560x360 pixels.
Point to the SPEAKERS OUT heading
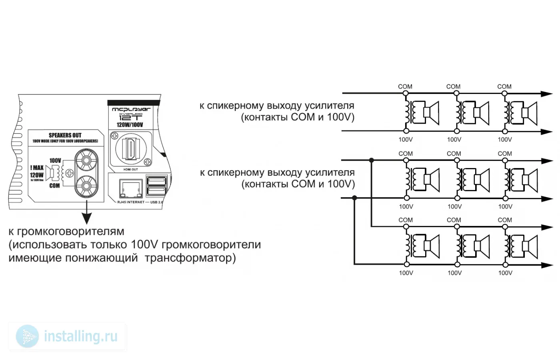pos(65,135)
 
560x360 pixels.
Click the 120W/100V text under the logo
pos(130,125)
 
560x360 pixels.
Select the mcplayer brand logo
pos(131,109)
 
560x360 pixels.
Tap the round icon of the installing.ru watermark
pos(27,336)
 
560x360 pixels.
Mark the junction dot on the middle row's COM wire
pos(372,160)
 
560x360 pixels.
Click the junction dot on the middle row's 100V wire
pos(354,198)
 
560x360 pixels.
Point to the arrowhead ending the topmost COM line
pos(546,94)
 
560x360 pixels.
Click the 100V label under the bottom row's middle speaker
pos(454,273)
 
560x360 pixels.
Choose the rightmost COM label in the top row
pos(504,86)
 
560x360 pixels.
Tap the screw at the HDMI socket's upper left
pos(114,136)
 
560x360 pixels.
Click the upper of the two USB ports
pos(156,181)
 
